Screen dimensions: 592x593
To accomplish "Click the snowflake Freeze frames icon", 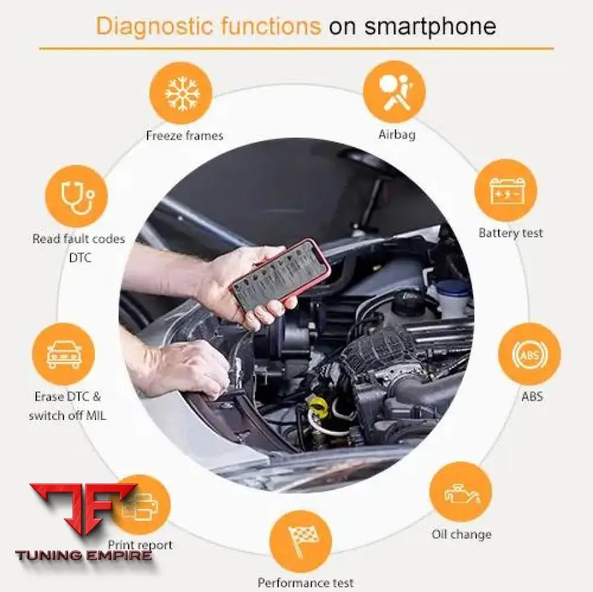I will tap(181, 93).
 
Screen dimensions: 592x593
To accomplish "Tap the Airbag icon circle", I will tap(395, 92).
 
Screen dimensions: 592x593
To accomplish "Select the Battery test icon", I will tap(506, 191).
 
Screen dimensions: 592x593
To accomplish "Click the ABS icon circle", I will tap(529, 354).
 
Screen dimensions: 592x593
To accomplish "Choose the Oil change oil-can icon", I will tap(461, 492).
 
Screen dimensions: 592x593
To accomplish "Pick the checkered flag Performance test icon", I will tap(301, 541).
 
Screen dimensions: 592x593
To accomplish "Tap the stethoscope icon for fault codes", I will tap(76, 196).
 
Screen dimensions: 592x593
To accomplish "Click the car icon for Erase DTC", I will tap(64, 354).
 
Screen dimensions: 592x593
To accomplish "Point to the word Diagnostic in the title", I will tap(153, 26).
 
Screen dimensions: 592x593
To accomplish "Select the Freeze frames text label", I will tap(184, 136).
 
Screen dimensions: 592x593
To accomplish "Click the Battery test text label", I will tap(511, 233).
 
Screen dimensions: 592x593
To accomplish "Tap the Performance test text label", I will tap(305, 583).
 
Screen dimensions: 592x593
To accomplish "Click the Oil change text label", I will tap(461, 535).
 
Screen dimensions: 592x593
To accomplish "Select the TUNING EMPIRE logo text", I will tap(84, 555).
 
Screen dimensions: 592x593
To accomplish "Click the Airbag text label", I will tap(397, 134).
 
